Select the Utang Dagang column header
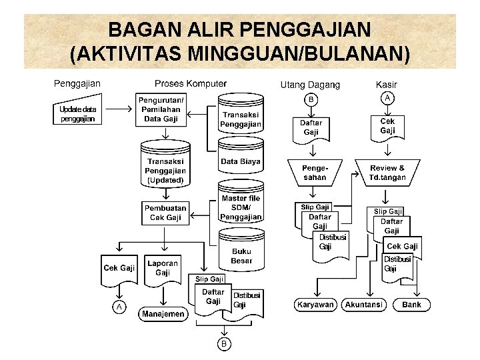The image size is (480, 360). [x=310, y=85]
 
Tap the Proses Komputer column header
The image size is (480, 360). [x=191, y=84]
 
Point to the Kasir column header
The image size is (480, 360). [x=387, y=85]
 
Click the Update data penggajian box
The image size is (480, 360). [x=78, y=114]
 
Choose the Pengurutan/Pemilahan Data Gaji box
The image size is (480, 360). [x=161, y=109]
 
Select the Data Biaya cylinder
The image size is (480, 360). [x=241, y=162]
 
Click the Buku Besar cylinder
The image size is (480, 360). [x=241, y=255]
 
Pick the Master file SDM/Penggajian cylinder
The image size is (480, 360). [x=241, y=207]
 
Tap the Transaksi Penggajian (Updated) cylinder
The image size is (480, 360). [x=165, y=170]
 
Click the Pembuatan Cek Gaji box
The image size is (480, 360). [x=165, y=213]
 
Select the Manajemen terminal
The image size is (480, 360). [x=163, y=314]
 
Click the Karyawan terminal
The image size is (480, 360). [x=315, y=305]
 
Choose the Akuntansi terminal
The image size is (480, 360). [x=364, y=305]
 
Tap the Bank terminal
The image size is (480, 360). [x=412, y=305]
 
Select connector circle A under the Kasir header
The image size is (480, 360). [x=387, y=98]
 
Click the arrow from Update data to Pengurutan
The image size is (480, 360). [x=119, y=108]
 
